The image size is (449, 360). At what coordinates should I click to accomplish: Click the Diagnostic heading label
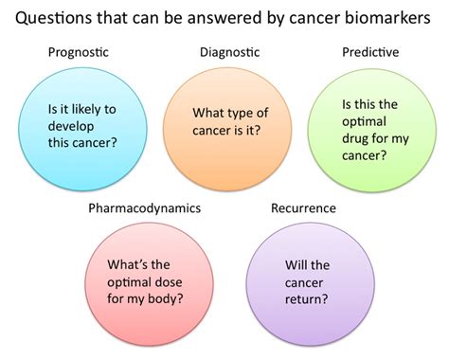coord(228,54)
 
